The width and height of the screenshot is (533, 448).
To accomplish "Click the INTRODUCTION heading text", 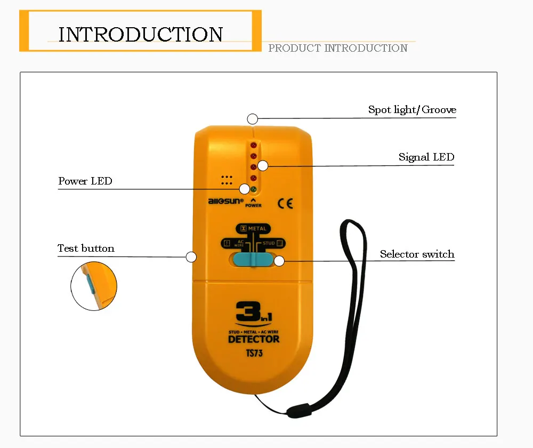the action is [x=141, y=34].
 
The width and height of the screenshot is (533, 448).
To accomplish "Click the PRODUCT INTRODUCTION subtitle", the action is [x=338, y=48].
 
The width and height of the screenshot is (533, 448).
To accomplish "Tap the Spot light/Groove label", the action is [x=412, y=109].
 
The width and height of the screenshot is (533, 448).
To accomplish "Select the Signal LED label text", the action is [x=426, y=157].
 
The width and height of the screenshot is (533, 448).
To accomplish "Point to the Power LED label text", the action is [x=85, y=181].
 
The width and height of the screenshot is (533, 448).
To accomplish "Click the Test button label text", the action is [x=86, y=249].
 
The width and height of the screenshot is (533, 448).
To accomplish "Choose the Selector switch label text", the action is [x=417, y=254].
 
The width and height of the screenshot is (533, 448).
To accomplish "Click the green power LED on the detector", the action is [x=254, y=189].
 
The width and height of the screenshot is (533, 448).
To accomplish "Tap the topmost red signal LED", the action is [x=254, y=145].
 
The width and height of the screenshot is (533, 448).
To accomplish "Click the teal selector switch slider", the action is [x=253, y=260].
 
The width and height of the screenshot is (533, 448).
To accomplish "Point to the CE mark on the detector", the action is [x=285, y=203].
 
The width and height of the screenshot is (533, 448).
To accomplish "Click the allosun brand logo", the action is [x=225, y=202].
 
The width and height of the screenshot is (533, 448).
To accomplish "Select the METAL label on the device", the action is [x=254, y=229].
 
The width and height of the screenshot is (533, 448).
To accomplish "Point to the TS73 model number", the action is [x=254, y=354].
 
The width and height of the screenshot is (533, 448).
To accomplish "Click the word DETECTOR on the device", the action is [x=254, y=339].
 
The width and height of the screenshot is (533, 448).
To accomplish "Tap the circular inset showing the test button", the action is [x=94, y=286].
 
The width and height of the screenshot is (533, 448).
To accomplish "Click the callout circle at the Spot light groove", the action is [x=252, y=119].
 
